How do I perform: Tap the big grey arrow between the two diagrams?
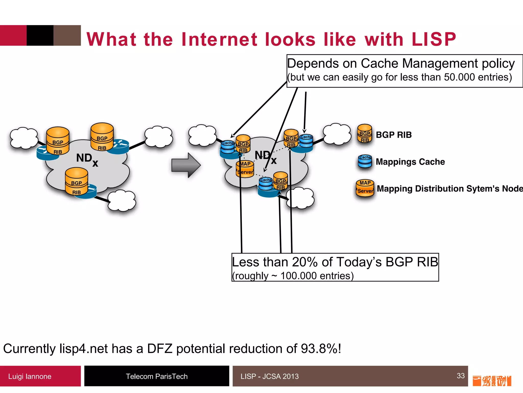click(x=186, y=165)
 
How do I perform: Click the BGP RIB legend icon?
click(x=364, y=134)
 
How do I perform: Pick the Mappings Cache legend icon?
click(x=365, y=161)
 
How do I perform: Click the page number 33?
click(x=460, y=376)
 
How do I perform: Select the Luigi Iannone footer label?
click(x=30, y=376)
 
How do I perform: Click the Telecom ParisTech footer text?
click(x=157, y=376)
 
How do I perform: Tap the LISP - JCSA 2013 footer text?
click(x=269, y=376)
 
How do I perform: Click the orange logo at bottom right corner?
click(x=492, y=381)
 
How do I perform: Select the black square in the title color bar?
click(x=40, y=35)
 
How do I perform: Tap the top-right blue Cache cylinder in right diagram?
click(x=306, y=141)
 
